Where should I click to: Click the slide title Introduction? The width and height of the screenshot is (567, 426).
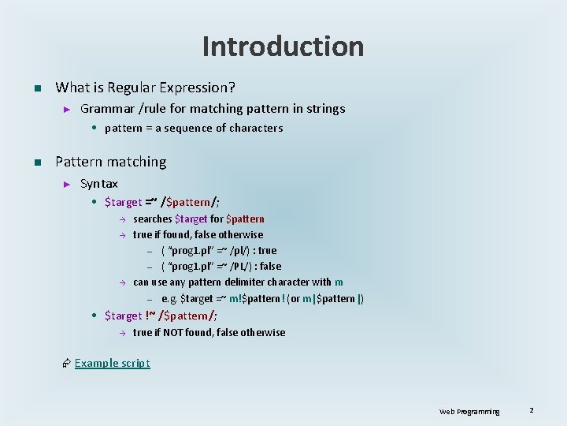pyautogui.click(x=283, y=47)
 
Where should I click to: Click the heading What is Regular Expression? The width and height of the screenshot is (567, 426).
pyautogui.click(x=146, y=87)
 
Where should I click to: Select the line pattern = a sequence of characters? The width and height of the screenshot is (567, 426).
pyautogui.click(x=193, y=128)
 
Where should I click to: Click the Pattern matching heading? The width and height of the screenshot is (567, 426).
pyautogui.click(x=111, y=162)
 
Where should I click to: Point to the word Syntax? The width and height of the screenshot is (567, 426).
pyautogui.click(x=99, y=184)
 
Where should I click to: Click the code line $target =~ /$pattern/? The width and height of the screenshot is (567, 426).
pyautogui.click(x=162, y=202)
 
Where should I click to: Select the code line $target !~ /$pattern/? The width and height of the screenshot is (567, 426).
pyautogui.click(x=161, y=316)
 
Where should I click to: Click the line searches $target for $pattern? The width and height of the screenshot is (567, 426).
pyautogui.click(x=198, y=219)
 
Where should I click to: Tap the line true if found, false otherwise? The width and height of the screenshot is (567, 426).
pyautogui.click(x=198, y=234)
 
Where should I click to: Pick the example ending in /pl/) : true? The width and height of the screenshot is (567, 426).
pyautogui.click(x=219, y=250)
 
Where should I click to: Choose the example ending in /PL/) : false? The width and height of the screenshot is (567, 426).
pyautogui.click(x=220, y=266)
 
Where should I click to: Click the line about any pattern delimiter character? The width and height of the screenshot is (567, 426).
pyautogui.click(x=238, y=282)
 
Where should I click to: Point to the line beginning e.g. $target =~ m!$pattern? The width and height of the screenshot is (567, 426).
pyautogui.click(x=262, y=298)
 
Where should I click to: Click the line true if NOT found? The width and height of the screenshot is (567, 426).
pyautogui.click(x=209, y=332)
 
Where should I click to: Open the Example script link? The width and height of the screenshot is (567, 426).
pyautogui.click(x=112, y=363)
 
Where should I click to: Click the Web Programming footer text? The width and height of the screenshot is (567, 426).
pyautogui.click(x=469, y=411)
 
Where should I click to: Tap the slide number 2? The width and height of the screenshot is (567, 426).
pyautogui.click(x=532, y=410)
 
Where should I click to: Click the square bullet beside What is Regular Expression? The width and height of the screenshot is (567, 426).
pyautogui.click(x=36, y=88)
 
